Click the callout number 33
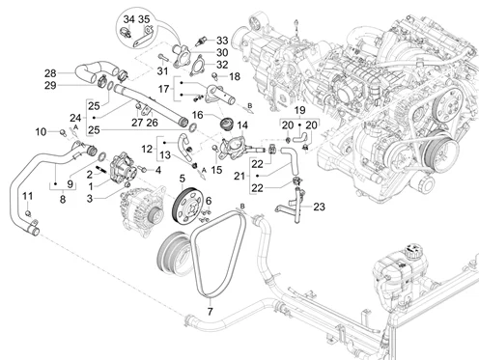(222, 41)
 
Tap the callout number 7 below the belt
(211, 312)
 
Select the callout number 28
(50, 73)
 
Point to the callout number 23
(319, 207)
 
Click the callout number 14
(242, 125)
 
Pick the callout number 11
(28, 196)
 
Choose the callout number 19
(299, 110)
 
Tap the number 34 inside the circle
(128, 19)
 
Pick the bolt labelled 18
(215, 76)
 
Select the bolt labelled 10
(63, 132)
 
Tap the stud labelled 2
(101, 169)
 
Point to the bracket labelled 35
(142, 38)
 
